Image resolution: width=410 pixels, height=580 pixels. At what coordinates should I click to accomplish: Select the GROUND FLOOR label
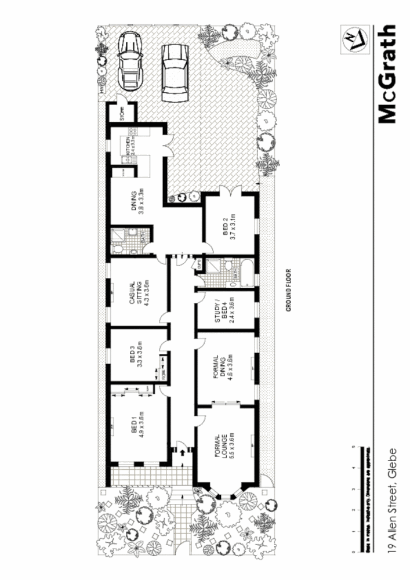288,290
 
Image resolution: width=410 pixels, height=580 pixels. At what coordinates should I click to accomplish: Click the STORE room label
122,111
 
